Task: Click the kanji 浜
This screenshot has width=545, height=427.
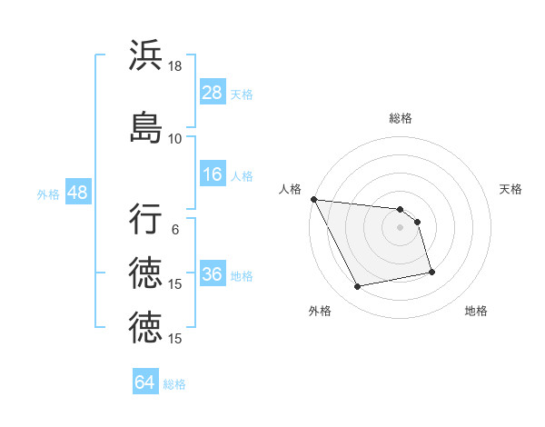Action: pos(146,56)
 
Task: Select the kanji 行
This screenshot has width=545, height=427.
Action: pos(146,220)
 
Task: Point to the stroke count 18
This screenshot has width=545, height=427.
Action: pos(175,67)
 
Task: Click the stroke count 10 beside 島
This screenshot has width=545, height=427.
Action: pos(175,138)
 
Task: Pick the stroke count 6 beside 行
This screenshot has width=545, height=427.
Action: pos(175,230)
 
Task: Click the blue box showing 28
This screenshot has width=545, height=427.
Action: pos(213,93)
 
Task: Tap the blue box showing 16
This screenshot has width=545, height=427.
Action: pos(213,175)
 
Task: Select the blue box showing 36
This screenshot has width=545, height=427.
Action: pos(213,275)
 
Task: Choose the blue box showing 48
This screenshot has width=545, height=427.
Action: pos(77,194)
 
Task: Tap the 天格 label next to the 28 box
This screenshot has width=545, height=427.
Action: pos(242,94)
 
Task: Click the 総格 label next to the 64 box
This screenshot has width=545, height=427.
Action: pos(174,384)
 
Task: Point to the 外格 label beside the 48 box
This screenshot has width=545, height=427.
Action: pos(48,194)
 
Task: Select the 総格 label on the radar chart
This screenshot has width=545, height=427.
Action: pos(401,118)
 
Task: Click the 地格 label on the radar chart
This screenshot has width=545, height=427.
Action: pos(476,312)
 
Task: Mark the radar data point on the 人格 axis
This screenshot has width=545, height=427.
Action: pos(313,199)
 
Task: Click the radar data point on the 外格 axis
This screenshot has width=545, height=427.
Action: pos(358,287)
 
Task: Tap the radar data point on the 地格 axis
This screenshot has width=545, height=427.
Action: pos(431,271)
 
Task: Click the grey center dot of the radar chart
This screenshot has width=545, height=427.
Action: pos(401,227)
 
